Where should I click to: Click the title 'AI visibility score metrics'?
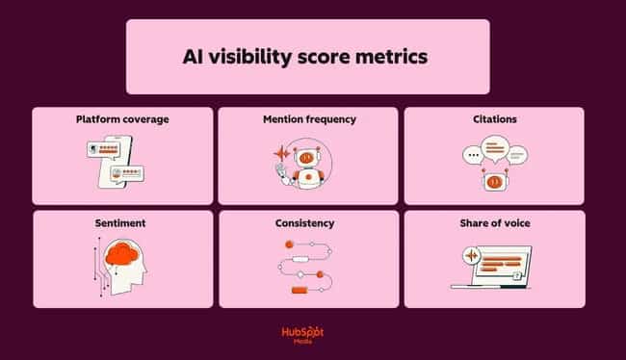tap(307, 56)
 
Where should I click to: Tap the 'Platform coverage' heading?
tap(122, 120)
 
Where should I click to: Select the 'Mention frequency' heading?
tap(309, 120)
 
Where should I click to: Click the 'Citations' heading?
tap(494, 120)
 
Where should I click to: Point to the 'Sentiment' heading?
tap(121, 223)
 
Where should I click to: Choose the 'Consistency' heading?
tap(307, 223)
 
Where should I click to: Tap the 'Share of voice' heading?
tap(494, 223)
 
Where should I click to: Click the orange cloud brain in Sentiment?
tap(124, 254)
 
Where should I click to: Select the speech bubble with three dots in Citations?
tap(472, 154)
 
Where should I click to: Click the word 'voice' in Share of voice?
tap(514, 223)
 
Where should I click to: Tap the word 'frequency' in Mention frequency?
tap(330, 120)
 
